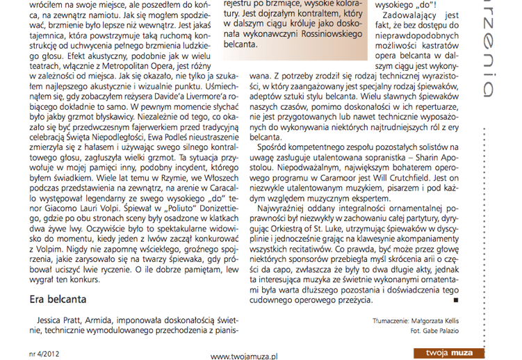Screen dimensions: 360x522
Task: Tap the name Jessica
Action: point(54,322)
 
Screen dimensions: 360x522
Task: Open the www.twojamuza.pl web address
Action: point(244,354)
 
